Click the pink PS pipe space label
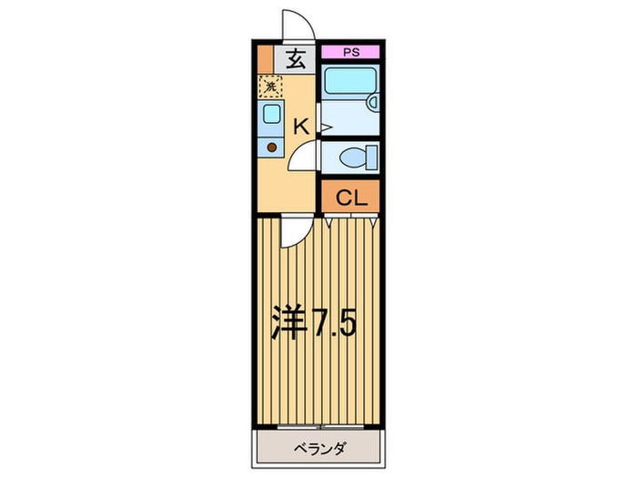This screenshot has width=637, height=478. (350, 52)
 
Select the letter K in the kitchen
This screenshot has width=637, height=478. (302, 127)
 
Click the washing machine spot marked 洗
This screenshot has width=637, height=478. (270, 86)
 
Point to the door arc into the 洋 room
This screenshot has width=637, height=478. (293, 233)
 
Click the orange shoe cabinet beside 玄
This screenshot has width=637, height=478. (265, 60)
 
